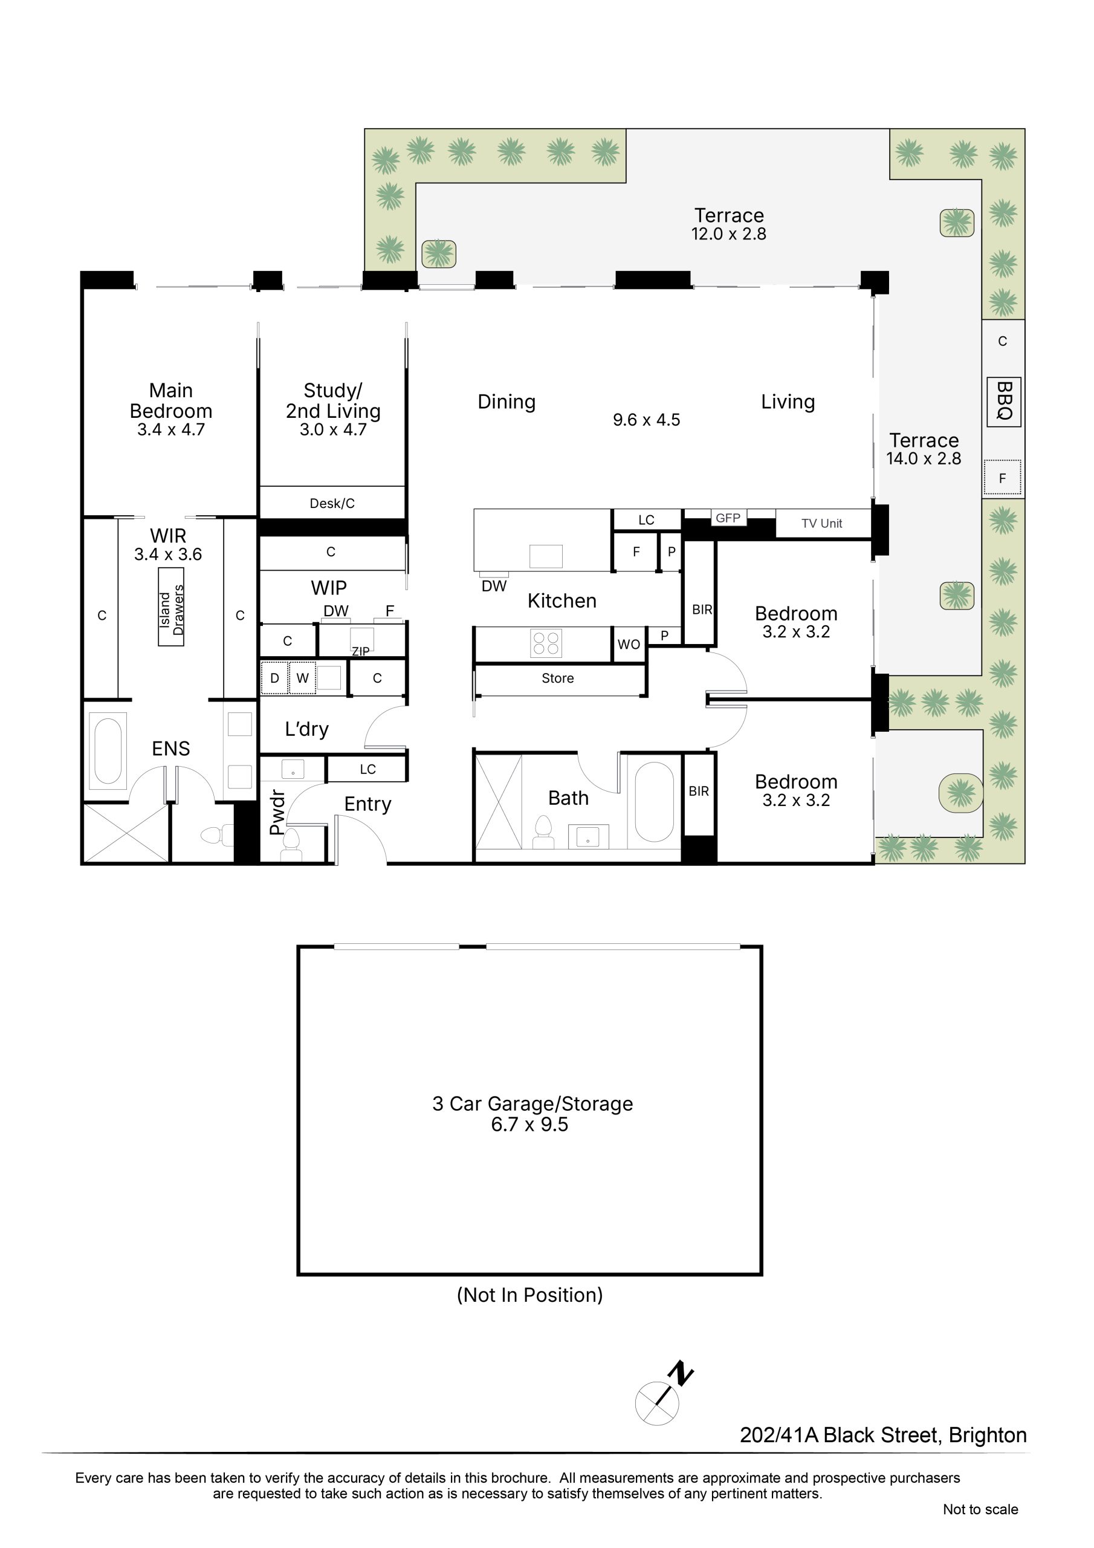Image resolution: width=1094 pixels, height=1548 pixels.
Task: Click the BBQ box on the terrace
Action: [1004, 402]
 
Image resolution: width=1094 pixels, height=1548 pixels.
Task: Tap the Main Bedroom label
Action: [171, 400]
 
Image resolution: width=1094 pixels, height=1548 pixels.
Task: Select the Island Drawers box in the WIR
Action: [171, 607]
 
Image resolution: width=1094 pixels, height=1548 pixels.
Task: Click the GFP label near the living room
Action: [728, 518]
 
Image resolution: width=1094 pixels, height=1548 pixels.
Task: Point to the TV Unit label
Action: [821, 523]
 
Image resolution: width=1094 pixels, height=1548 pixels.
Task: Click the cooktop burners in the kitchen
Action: [546, 643]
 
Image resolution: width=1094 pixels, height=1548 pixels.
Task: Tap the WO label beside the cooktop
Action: [629, 645]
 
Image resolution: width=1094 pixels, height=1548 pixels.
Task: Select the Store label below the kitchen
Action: [557, 678]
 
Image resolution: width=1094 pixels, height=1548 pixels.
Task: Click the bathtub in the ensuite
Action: [108, 752]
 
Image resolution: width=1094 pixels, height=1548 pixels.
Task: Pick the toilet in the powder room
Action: [291, 845]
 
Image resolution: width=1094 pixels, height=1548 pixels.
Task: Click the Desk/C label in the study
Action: [332, 503]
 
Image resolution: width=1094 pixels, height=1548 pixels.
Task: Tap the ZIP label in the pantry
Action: [361, 651]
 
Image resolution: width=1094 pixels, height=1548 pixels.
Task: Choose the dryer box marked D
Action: [274, 678]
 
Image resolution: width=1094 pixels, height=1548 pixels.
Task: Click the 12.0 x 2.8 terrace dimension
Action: [729, 234]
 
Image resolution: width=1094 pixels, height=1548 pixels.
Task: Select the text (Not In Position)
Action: [530, 1295]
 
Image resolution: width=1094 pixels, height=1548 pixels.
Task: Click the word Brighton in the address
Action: [988, 1436]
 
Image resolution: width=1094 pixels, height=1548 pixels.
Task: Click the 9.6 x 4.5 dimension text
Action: [646, 420]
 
